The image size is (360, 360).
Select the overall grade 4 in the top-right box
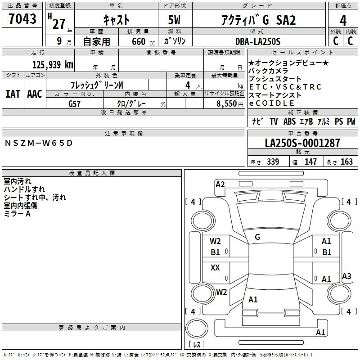[x=343, y=20]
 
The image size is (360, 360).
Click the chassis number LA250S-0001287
[x=302, y=144]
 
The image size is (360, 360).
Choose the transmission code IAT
[x=13, y=94]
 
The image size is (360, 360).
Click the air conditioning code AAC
[x=35, y=94]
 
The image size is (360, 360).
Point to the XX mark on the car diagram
[x=215, y=268]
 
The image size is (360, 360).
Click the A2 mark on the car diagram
[x=220, y=184]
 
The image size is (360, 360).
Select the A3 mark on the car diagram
[x=346, y=276]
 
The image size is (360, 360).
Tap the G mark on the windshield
[x=257, y=237]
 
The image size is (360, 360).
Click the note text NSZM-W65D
[x=38, y=143]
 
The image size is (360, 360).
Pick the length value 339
[x=272, y=162]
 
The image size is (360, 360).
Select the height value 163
[x=346, y=162]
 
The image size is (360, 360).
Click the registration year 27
[x=58, y=24]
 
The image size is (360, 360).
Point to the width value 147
[x=310, y=162]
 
